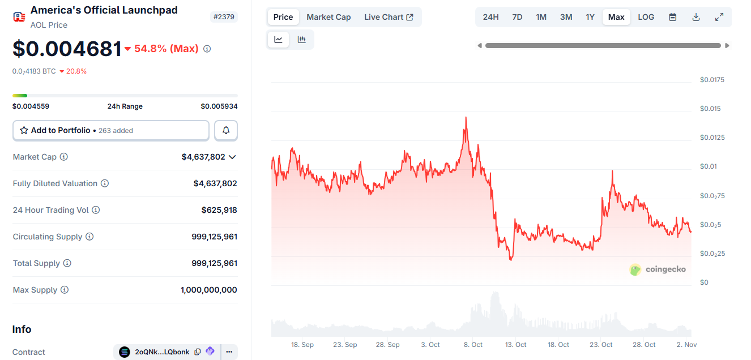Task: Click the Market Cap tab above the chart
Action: coord(328,17)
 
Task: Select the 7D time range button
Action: coord(517,17)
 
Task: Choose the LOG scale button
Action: coord(646,17)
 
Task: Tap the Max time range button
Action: coord(616,17)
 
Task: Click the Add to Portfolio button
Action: coord(111,130)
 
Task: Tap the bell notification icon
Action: coord(226,130)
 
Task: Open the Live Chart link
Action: coord(389,17)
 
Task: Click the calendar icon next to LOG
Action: coord(673,17)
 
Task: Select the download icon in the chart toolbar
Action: coord(696,17)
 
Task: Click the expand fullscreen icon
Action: coord(719,17)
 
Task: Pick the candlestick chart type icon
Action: coord(302,40)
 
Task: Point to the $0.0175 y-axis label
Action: coord(712,80)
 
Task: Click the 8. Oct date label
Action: coord(473,345)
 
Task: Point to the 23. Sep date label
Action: coord(345,345)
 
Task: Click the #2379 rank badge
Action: coord(224,17)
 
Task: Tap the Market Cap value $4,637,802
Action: coord(203,157)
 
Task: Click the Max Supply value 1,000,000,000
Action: coord(209,290)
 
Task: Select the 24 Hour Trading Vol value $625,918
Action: coord(219,210)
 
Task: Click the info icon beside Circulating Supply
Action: coord(89,237)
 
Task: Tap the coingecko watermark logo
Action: coord(658,269)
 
